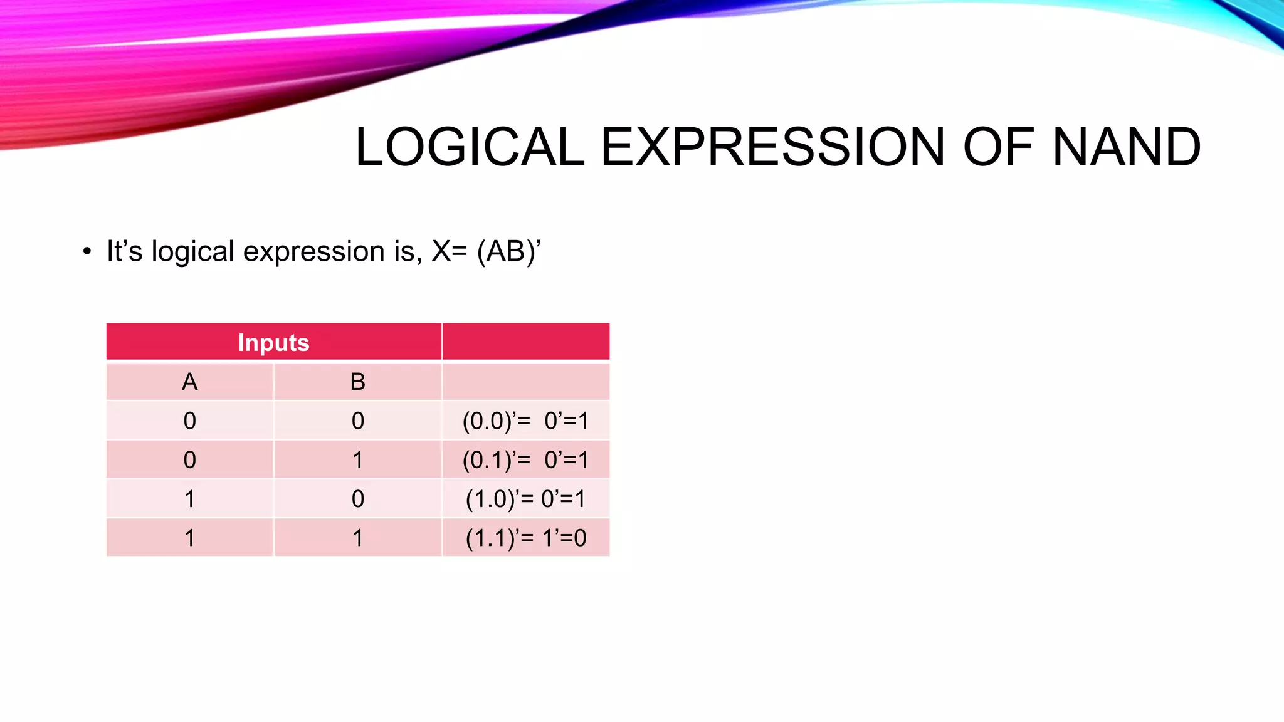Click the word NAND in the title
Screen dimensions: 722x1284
pos(1126,147)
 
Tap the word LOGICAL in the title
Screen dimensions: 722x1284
pos(470,147)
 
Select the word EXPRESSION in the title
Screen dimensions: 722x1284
pos(772,147)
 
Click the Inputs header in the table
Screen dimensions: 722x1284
pos(273,343)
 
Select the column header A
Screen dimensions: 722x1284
pos(189,382)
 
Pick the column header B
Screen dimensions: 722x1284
pos(357,382)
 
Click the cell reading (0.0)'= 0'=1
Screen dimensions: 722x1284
pos(525,421)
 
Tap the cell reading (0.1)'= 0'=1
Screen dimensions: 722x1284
pos(525,460)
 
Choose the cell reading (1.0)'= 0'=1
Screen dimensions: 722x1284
pos(525,499)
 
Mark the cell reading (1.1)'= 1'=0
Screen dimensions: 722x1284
pos(525,538)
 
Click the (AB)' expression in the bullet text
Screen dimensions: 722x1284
pos(508,251)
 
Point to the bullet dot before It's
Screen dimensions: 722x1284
pos(87,252)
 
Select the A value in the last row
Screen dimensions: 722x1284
pos(189,538)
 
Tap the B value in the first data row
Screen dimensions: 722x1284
pos(357,421)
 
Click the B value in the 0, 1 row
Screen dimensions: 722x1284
pos(357,460)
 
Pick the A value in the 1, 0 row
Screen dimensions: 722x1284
pos(189,499)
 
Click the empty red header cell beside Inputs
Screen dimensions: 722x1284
pos(525,342)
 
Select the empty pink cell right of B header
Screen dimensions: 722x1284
pos(525,382)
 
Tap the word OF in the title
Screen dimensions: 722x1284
pos(997,147)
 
